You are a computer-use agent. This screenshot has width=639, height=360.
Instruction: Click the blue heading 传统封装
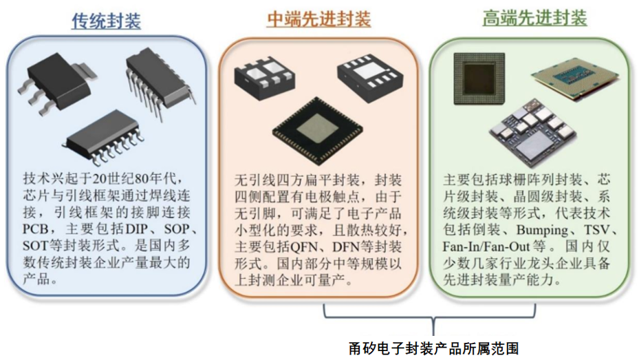(107, 21)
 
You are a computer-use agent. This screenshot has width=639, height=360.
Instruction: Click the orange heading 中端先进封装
(318, 19)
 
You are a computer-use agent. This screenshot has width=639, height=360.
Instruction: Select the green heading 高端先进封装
(534, 18)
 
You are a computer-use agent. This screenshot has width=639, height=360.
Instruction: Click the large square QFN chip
(318, 131)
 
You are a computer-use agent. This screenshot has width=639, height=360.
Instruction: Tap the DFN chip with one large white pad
(369, 77)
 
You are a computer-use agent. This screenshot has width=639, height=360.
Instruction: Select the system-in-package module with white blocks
(532, 132)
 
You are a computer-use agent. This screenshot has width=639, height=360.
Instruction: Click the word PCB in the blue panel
(36, 229)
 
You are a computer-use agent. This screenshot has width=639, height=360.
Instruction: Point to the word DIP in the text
(136, 229)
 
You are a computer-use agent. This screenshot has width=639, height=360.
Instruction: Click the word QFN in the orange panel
(304, 246)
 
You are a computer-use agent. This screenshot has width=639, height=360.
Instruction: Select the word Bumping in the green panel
(543, 230)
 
